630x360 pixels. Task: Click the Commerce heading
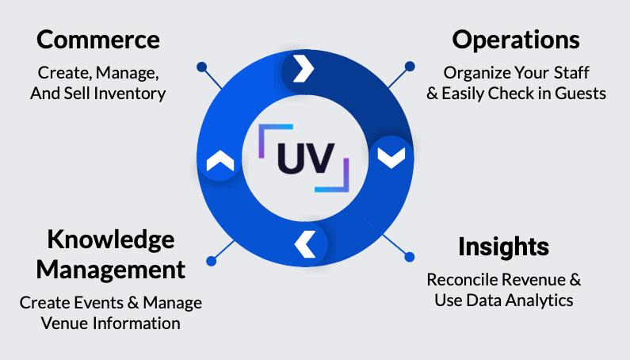point(98,40)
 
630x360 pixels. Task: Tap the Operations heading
point(516,40)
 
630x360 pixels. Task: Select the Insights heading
point(503,247)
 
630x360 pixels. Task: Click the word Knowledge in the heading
point(110,239)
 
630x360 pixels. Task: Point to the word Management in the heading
point(111,269)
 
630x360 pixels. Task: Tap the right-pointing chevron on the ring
point(303,70)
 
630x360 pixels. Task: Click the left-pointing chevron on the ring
point(304,243)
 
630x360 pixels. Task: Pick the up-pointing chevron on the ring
point(220,163)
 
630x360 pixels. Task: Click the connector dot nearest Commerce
point(201,67)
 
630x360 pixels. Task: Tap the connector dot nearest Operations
point(410,67)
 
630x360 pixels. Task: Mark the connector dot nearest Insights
point(410,257)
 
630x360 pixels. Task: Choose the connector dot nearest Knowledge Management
point(211,259)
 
